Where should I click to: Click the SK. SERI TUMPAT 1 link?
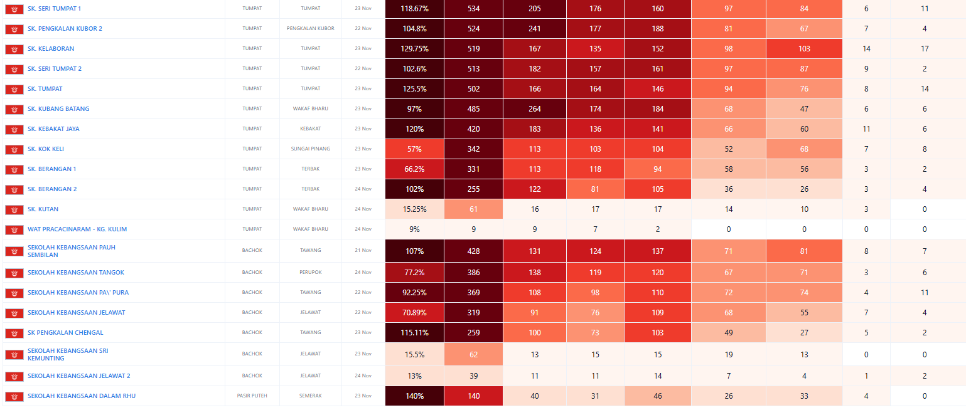54,9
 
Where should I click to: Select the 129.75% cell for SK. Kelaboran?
414,49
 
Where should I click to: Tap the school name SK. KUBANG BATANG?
58,109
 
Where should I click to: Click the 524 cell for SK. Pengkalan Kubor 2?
473,29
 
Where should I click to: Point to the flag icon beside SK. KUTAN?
14,209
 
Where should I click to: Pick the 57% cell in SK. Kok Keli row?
414,149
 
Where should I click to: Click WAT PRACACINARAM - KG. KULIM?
77,229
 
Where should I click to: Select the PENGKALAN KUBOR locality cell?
310,29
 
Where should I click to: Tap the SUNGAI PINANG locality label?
310,149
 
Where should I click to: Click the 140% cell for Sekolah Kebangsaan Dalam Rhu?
414,396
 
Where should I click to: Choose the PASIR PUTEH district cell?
252,396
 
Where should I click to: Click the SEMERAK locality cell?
310,396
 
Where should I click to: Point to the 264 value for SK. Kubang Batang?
535,109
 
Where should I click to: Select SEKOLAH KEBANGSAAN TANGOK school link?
76,273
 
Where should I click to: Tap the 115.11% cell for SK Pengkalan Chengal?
414,333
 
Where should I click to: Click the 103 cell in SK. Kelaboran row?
804,49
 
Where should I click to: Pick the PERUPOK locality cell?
310,273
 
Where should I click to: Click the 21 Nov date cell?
363,251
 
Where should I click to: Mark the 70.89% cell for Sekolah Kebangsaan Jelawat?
414,313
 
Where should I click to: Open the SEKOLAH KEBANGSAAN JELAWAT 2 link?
79,376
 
